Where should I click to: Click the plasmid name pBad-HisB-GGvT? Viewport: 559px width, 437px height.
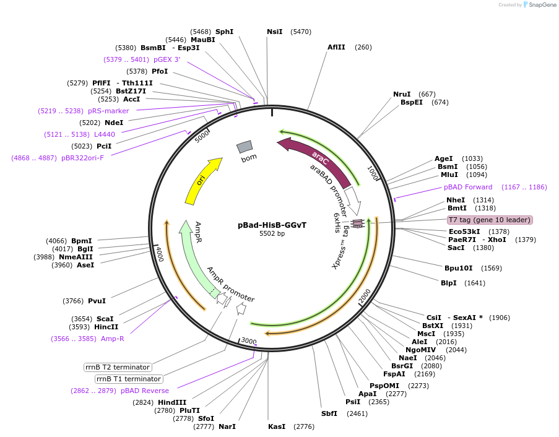coord(272,225)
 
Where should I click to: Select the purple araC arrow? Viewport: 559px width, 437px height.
coord(319,160)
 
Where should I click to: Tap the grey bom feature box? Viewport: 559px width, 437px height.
coord(245,147)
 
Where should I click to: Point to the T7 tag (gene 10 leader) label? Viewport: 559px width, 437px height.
coord(490,220)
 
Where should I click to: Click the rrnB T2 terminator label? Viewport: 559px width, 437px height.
coord(118,367)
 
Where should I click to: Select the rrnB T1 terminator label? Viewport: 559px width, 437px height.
coord(129,379)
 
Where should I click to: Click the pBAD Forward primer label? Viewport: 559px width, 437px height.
coord(468,187)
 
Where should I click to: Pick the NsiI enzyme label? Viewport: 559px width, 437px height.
coord(274,32)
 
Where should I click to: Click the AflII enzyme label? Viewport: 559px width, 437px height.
coord(337,47)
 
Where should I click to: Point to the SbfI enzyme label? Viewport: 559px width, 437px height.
coord(329,413)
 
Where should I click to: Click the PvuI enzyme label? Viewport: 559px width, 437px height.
coord(97,301)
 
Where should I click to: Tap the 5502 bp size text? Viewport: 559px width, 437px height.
coord(272,233)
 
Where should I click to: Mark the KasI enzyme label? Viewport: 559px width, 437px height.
coord(277,426)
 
